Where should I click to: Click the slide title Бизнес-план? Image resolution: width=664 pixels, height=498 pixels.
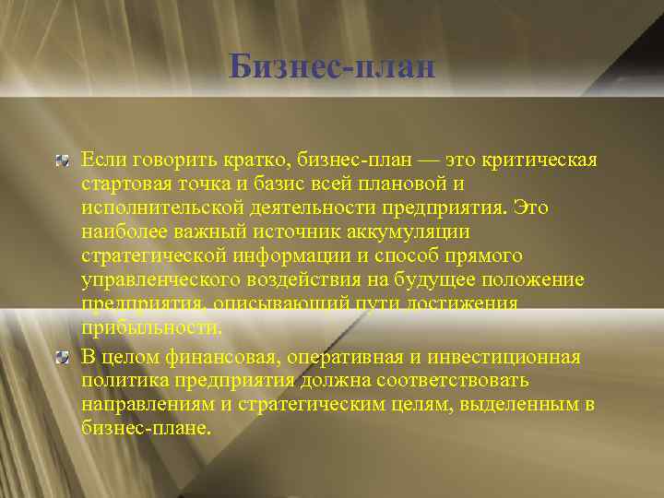tap(332, 66)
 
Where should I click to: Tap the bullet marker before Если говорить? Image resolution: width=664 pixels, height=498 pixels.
tap(62, 162)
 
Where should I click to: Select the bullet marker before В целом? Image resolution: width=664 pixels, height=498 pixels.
tap(62, 357)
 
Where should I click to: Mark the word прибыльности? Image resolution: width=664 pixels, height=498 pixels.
tap(151, 328)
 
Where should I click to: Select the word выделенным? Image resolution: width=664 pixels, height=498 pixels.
tap(513, 405)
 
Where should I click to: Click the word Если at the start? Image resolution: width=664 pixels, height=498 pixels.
tap(101, 161)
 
